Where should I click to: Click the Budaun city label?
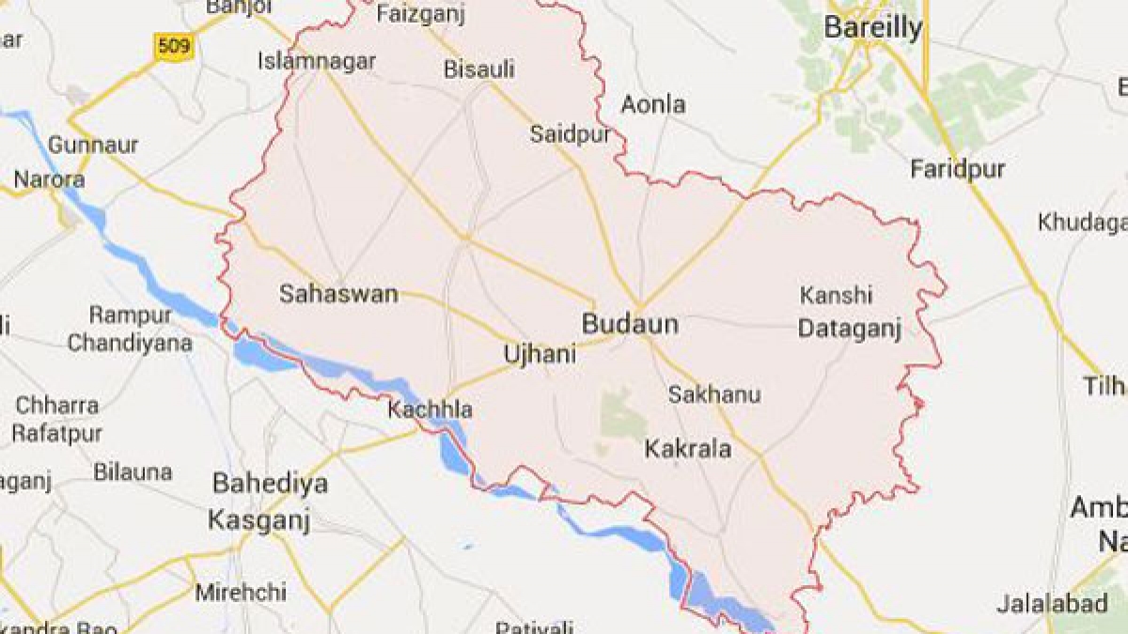(630, 325)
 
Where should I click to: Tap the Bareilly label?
(872, 28)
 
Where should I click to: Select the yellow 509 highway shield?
(175, 45)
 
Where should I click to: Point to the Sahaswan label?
(338, 294)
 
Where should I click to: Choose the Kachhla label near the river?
(431, 410)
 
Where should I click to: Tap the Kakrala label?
(687, 450)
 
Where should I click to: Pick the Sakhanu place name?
(713, 395)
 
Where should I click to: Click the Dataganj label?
(849, 329)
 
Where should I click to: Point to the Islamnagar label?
(317, 62)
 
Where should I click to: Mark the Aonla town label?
(653, 104)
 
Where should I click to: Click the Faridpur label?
(957, 170)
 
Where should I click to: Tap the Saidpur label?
(570, 134)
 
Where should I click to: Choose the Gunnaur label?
(92, 146)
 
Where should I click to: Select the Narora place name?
(49, 179)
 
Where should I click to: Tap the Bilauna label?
(133, 472)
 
